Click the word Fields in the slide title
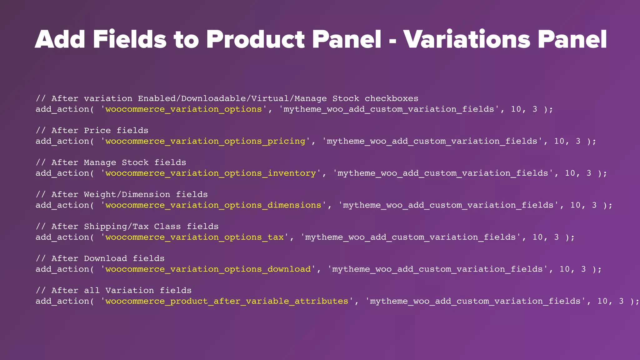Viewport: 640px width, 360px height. [129, 39]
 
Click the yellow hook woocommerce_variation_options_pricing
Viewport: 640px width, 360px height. [205, 141]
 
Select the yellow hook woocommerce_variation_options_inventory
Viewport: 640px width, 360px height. [211, 173]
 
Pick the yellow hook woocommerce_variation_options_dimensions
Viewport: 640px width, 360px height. [213, 205]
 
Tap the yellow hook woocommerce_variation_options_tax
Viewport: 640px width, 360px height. [194, 237]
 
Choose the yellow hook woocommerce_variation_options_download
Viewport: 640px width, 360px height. [208, 269]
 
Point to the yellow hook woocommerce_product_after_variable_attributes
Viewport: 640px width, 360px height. [227, 301]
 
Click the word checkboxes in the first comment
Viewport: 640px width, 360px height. [391, 98]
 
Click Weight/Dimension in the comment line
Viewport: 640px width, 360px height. [127, 195]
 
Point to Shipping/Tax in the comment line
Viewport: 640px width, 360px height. [116, 227]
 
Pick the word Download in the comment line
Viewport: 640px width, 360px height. [105, 258]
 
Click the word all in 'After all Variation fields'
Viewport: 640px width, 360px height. [92, 291]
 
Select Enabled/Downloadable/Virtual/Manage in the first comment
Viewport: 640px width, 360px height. [232, 98]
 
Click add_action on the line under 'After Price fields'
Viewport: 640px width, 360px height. [62, 141]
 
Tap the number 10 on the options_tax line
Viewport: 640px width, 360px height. [537, 237]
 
